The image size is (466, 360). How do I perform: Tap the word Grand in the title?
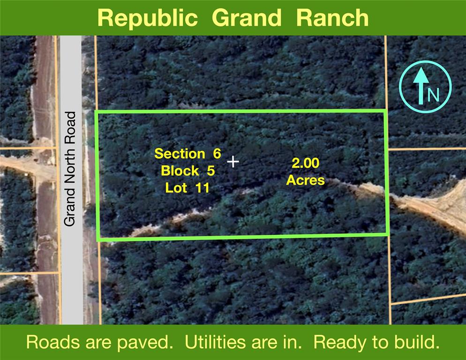tap(247, 18)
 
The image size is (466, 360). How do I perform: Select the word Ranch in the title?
tap(332, 18)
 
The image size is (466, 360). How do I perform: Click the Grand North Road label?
tap(70, 169)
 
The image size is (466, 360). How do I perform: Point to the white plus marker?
tap(233, 162)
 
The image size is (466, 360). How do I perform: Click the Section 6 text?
tap(188, 154)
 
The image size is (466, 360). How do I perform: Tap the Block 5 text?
tap(188, 171)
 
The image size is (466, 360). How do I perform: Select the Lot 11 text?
tap(187, 187)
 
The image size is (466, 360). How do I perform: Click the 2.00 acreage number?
tap(306, 163)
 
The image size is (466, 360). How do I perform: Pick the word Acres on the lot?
tap(306, 180)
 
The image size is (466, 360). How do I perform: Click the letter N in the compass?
tap(433, 95)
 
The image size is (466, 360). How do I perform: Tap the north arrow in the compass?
tap(421, 86)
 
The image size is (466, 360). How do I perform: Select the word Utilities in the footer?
tap(216, 342)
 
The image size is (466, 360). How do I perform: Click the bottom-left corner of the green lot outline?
tap(98, 239)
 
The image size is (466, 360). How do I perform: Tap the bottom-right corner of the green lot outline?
tap(388, 234)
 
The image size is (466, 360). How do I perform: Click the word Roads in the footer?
tap(53, 342)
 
